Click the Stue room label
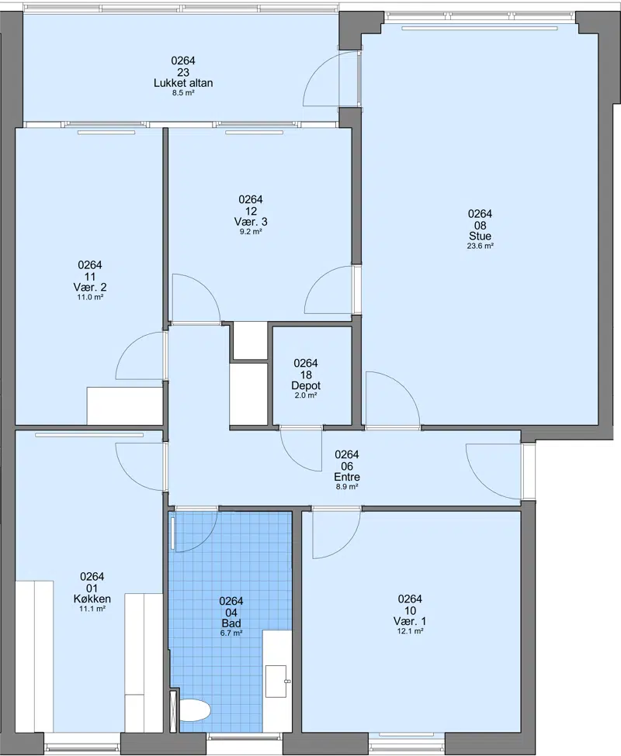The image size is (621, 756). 480,236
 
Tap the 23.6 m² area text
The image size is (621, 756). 480,246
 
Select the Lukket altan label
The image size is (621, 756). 183,83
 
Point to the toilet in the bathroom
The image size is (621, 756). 195,709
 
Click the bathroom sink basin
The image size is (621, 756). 277,682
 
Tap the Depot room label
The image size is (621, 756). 306,385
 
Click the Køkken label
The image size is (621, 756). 92,599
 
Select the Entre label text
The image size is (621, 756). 347,477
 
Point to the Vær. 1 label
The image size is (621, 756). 410,621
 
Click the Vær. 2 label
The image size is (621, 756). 90,287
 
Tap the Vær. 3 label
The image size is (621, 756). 251,221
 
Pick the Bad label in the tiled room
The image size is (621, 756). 231,623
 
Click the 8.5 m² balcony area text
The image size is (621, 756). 183,93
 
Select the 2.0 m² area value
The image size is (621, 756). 306,395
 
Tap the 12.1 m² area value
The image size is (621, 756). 410,631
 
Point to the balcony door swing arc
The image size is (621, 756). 313,67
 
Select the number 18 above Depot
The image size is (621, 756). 306,375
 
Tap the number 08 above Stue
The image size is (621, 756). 480,225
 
